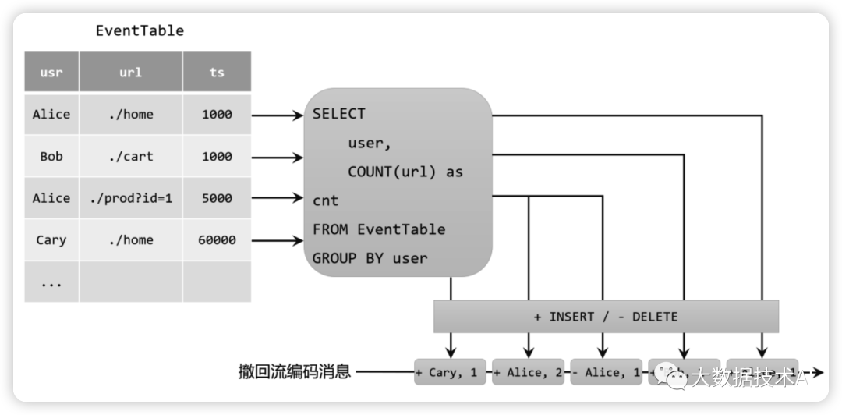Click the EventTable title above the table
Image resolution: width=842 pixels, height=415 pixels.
[140, 31]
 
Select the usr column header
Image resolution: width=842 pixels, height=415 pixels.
[51, 73]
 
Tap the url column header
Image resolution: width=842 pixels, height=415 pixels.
[131, 73]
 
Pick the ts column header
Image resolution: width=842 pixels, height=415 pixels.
[217, 73]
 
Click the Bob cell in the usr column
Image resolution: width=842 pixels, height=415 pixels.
[51, 156]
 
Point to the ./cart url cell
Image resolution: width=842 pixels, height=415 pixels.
[131, 156]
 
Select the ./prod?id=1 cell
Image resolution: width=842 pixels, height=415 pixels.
[131, 198]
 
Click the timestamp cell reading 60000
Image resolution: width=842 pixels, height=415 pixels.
[217, 240]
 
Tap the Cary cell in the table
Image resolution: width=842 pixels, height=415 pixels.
[51, 240]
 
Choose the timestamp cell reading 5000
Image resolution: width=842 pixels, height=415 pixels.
[217, 198]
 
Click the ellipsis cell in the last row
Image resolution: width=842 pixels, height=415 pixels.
[51, 282]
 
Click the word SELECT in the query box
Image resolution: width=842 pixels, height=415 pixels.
[338, 114]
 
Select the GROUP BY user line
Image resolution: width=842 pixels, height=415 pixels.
[370, 258]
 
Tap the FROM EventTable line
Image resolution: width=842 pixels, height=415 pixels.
[379, 229]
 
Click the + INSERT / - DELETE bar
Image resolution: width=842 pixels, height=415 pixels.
[606, 317]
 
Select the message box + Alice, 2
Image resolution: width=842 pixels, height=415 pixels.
[529, 372]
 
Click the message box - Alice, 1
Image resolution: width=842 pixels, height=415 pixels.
[606, 372]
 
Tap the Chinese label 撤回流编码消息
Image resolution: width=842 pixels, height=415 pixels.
[294, 372]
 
